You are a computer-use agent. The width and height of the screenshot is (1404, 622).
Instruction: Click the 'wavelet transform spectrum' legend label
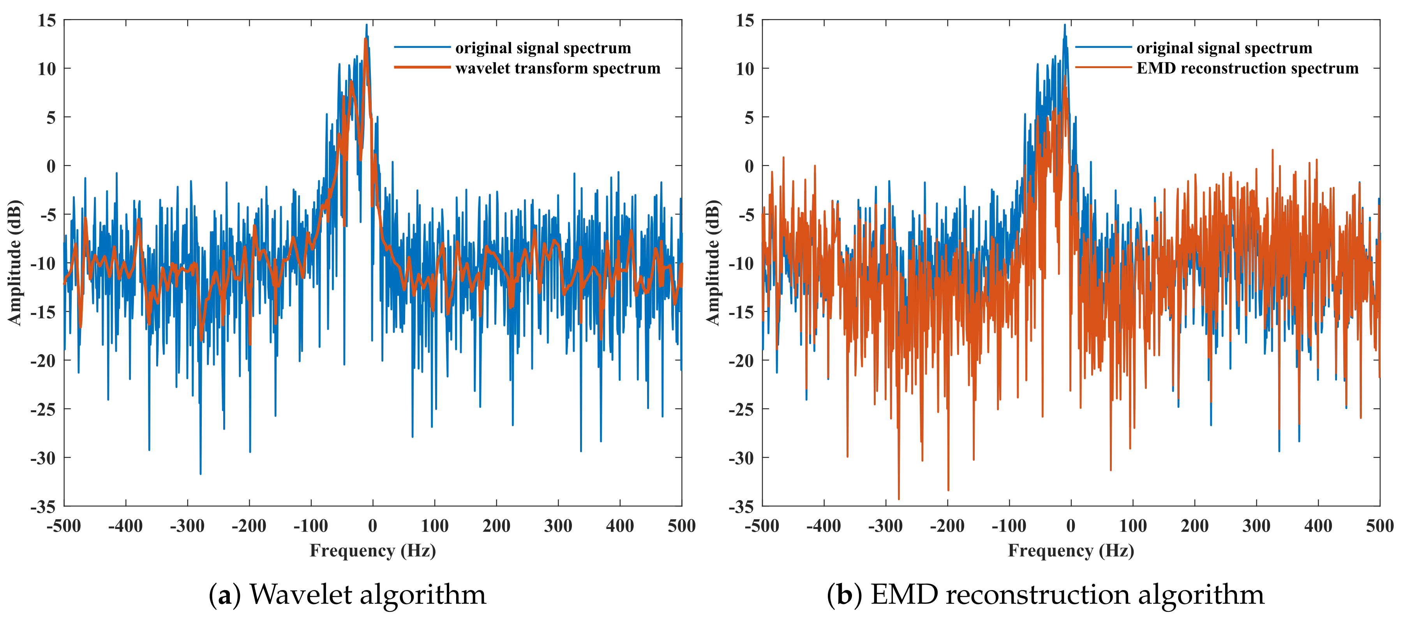click(557, 68)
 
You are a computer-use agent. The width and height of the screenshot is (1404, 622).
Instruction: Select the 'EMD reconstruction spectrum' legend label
click(1247, 68)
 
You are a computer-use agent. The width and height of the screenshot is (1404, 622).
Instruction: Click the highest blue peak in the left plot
click(366, 25)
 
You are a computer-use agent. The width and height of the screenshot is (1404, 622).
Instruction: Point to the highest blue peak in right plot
click(1064, 25)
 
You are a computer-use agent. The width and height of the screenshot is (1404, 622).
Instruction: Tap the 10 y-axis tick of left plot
click(47, 69)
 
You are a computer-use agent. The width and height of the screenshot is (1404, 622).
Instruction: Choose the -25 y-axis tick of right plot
click(741, 409)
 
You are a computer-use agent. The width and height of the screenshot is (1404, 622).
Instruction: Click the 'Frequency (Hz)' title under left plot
click(373, 551)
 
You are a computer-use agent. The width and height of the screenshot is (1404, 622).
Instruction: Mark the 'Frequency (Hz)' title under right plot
click(1071, 551)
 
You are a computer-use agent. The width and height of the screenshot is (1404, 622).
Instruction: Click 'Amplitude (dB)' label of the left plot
click(15, 262)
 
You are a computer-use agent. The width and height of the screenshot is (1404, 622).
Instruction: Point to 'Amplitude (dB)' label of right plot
click(713, 262)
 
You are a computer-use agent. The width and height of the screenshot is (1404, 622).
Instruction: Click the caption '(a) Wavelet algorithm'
click(347, 594)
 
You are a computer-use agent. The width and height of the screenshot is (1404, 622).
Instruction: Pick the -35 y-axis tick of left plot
click(44, 506)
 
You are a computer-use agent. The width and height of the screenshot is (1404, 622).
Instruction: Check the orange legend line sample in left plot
click(422, 68)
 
